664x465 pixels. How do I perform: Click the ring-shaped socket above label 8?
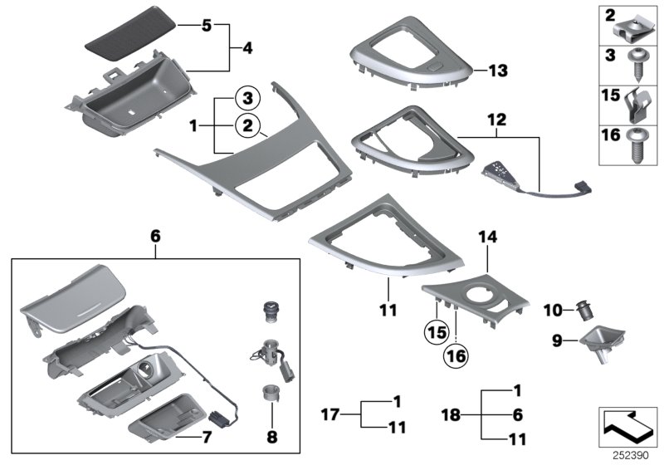(x=271, y=394)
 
